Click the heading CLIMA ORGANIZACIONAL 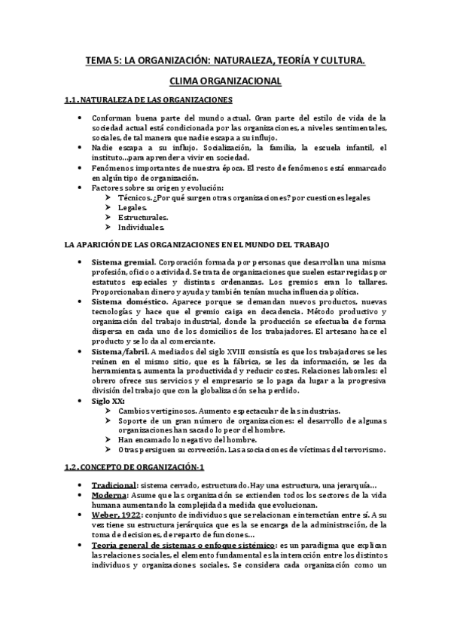coord(226,81)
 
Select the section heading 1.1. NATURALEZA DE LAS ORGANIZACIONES coord(148,99)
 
